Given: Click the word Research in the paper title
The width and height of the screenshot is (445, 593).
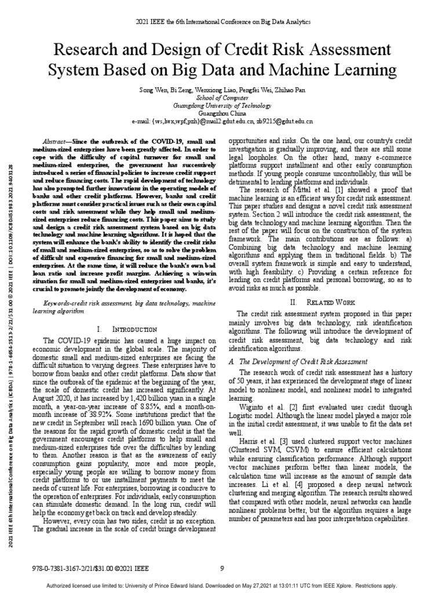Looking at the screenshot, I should pyautogui.click(x=83, y=49).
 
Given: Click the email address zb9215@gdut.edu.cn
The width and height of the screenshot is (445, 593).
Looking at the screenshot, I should pyautogui.click(x=284, y=122).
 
